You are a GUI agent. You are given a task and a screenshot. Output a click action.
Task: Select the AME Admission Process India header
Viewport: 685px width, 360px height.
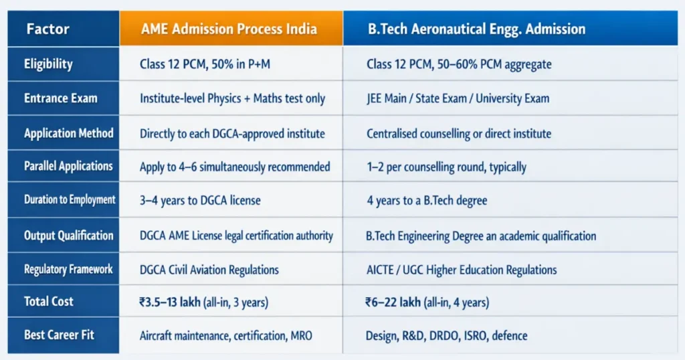[x=230, y=29]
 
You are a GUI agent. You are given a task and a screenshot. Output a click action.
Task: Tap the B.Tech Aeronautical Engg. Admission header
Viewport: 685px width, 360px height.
[x=477, y=29]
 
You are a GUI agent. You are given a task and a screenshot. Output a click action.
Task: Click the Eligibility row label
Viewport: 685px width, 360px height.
[x=48, y=64]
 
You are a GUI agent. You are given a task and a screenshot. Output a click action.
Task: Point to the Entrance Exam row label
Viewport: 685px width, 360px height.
[x=60, y=98]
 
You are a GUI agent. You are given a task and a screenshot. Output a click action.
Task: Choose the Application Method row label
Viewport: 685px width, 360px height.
[x=68, y=133]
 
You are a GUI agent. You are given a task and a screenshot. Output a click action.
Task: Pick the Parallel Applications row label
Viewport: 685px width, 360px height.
[x=68, y=167]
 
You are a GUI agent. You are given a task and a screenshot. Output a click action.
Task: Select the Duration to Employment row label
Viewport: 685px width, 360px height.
[x=70, y=199]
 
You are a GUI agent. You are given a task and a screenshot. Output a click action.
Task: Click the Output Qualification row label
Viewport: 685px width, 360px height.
[x=68, y=236]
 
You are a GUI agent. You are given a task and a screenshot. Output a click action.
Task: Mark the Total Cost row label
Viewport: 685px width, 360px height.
[x=49, y=301]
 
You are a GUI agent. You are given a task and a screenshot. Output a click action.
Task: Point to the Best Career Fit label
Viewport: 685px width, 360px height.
[x=59, y=335]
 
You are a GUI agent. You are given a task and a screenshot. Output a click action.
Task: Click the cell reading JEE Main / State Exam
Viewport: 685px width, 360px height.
[x=458, y=98]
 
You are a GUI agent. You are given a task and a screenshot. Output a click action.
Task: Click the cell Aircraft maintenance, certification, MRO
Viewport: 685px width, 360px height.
[x=225, y=335]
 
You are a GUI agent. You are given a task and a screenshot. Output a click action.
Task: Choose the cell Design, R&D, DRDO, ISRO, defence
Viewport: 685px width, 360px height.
[x=446, y=335]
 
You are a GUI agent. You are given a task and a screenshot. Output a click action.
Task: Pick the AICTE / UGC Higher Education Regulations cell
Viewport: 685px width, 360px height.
[x=461, y=270]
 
